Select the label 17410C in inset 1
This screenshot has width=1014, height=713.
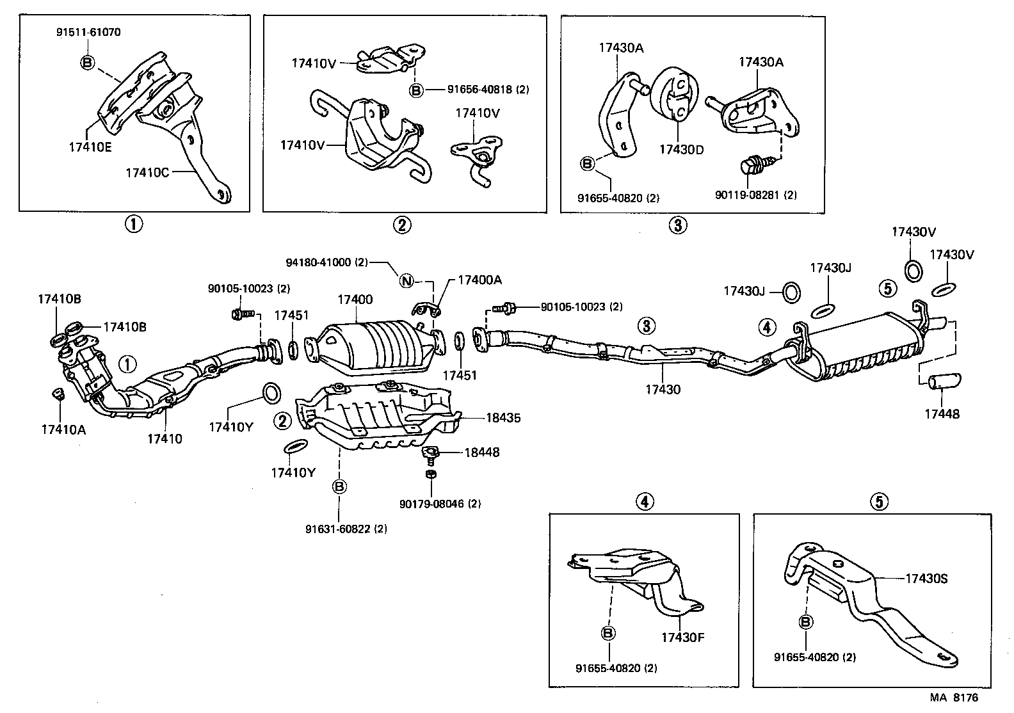tap(147, 172)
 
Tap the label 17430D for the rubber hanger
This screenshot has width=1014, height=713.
tap(682, 150)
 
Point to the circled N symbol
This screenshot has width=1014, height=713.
tap(406, 280)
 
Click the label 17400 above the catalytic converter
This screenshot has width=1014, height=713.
tap(355, 300)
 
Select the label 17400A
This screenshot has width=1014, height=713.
tap(479, 280)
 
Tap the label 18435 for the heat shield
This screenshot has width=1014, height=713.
tap(503, 418)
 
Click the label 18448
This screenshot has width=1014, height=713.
tap(481, 453)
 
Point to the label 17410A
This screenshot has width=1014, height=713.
tap(63, 429)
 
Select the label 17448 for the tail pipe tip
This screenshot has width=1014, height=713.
tap(942, 414)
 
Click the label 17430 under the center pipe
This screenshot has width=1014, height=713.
tap(663, 389)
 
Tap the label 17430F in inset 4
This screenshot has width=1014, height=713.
tap(682, 637)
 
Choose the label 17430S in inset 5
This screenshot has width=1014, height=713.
tap(926, 579)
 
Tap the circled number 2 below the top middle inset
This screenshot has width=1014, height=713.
tap(402, 225)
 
